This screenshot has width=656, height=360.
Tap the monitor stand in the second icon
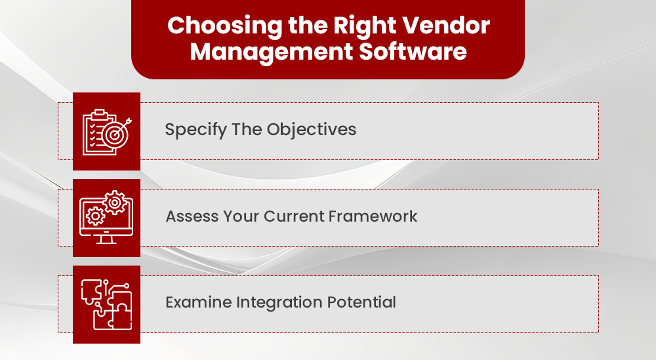(x=106, y=239)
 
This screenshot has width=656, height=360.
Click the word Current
(x=283, y=216)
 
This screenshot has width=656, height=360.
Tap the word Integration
(x=278, y=302)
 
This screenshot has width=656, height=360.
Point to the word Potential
(x=364, y=302)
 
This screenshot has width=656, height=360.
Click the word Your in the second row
(x=233, y=216)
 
